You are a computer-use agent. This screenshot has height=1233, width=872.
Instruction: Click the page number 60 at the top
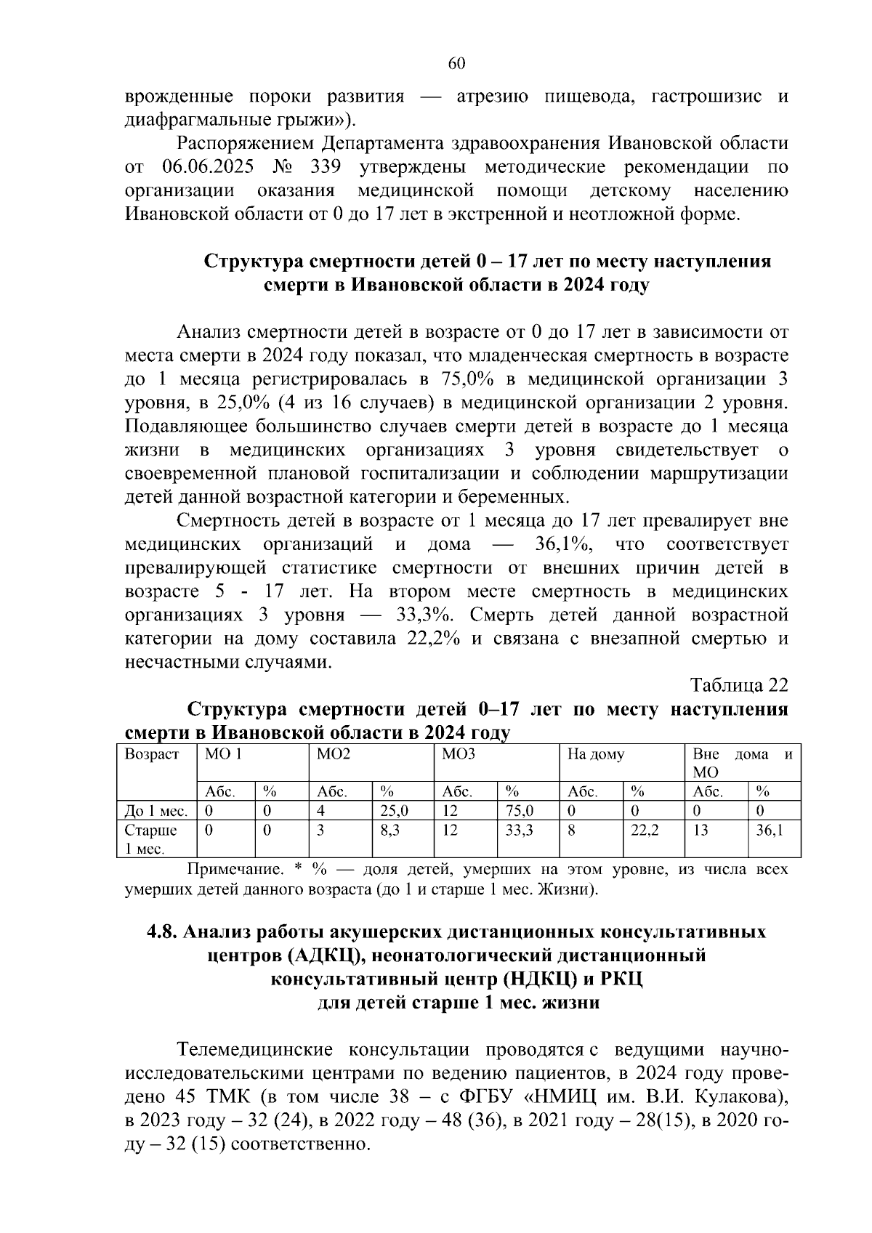tap(456, 64)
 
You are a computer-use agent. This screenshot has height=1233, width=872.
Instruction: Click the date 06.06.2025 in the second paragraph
tap(207, 167)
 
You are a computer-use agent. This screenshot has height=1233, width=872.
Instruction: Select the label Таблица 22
tap(739, 685)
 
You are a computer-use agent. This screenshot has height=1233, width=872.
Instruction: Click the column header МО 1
tap(222, 754)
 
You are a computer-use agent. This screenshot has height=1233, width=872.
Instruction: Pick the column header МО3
tap(459, 754)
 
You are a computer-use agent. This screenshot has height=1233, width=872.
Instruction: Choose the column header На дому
tap(595, 754)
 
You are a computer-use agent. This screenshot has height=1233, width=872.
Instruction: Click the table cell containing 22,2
tap(645, 830)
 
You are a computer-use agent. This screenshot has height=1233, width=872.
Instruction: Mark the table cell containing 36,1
tap(770, 830)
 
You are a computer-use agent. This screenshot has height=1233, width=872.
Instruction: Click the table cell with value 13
tap(700, 830)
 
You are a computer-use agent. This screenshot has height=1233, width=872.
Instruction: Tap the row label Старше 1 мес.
tap(151, 838)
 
